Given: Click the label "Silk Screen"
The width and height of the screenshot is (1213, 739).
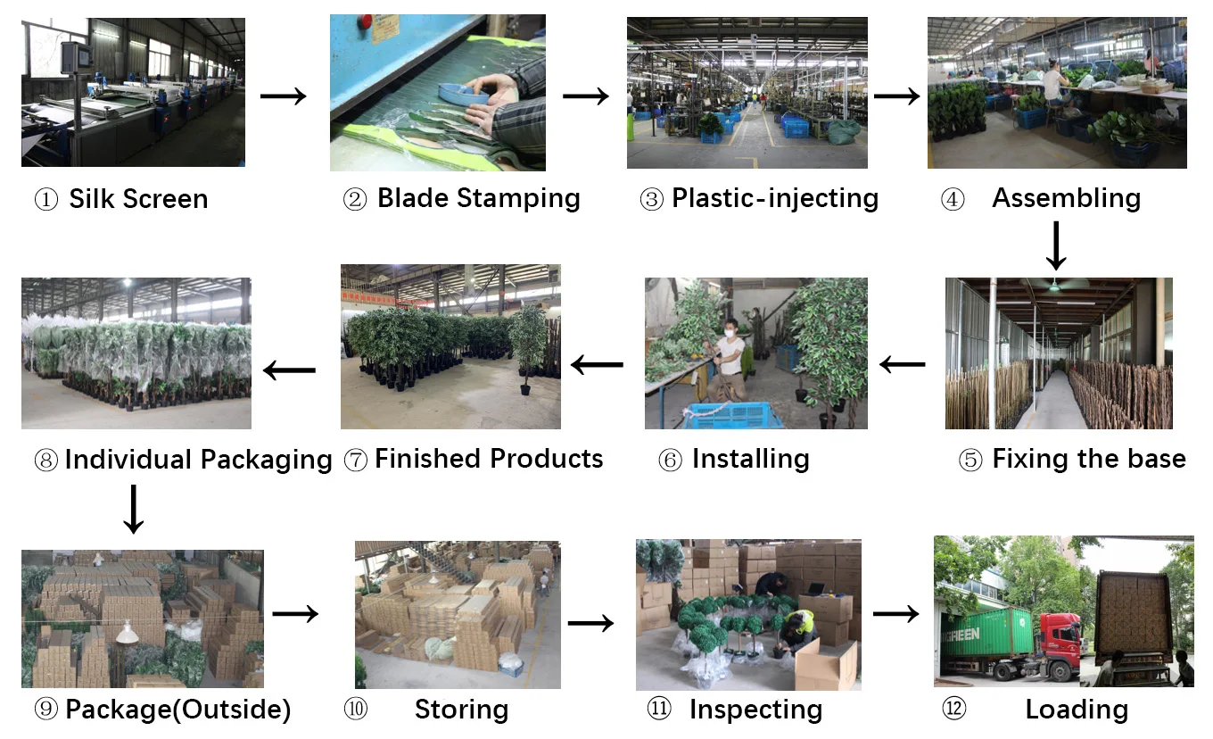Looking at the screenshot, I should (138, 198).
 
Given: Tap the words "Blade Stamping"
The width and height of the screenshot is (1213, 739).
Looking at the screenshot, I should (478, 198).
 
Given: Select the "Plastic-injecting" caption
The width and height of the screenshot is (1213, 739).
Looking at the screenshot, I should (774, 198).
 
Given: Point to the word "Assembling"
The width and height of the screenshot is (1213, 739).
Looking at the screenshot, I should (1066, 198).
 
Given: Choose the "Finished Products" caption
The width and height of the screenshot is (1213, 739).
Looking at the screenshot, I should (488, 459).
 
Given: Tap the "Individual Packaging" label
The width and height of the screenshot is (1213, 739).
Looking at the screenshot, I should (198, 460).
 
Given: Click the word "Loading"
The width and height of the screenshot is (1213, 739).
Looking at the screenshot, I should (1076, 710).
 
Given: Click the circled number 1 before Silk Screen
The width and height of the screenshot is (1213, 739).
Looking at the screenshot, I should (45, 199).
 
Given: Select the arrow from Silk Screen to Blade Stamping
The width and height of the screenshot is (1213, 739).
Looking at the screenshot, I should (283, 95).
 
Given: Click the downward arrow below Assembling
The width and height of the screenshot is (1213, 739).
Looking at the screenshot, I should (1056, 245).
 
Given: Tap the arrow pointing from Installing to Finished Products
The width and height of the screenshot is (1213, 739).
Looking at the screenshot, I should (597, 364).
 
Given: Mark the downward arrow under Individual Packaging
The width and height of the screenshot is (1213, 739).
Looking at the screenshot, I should (134, 509).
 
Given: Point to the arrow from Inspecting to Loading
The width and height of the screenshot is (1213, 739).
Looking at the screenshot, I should (895, 614).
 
